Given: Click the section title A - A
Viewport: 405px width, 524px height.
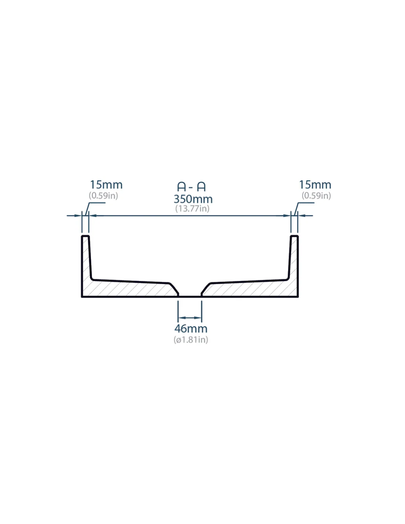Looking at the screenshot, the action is point(191,186).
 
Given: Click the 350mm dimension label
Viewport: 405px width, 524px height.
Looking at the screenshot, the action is point(193,199).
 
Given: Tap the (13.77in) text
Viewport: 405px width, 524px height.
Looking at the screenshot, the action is point(192,208).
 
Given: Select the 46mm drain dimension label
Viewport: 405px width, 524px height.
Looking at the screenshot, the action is point(191,328).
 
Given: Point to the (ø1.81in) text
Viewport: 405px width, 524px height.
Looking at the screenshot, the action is point(191,340).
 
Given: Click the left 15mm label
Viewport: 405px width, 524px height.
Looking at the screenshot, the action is point(106,185).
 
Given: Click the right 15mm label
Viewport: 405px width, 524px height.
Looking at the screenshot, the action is point(315,185).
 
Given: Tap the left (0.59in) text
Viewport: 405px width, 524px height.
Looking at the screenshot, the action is point(103,196).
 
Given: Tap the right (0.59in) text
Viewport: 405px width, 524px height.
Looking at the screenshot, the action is point(316,196).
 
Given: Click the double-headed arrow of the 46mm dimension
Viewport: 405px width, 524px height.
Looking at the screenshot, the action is point(190,318).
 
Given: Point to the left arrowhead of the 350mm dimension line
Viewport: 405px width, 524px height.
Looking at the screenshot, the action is point(93,216).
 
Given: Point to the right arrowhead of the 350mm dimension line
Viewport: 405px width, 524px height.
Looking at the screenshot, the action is point(287,216).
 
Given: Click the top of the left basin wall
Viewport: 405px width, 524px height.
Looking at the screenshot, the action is point(85,236).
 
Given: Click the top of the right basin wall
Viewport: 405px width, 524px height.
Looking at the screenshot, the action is point(295,236).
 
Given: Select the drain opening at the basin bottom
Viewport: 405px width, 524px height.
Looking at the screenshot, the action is point(190,296).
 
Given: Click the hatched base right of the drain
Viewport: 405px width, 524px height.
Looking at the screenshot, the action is point(251,289).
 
